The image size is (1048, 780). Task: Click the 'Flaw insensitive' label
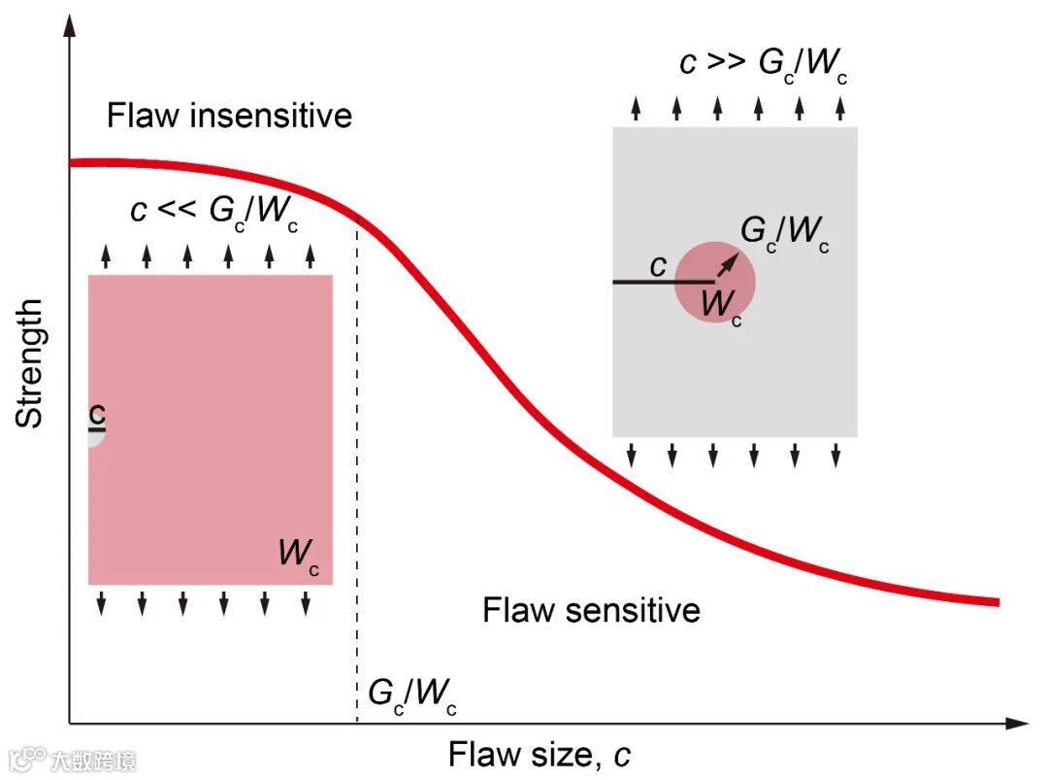pos(229,116)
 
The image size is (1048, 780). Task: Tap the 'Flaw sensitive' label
pos(591,610)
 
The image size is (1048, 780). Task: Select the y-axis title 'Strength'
pos(30,363)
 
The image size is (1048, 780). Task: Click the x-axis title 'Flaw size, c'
pos(540,754)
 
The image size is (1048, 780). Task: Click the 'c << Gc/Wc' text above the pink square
pos(213,211)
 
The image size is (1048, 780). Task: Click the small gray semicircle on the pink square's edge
pos(95,436)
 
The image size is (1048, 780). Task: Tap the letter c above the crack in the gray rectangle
pos(659,265)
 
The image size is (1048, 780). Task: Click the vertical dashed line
pos(357,486)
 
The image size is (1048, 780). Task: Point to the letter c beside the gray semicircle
pos(96,415)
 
